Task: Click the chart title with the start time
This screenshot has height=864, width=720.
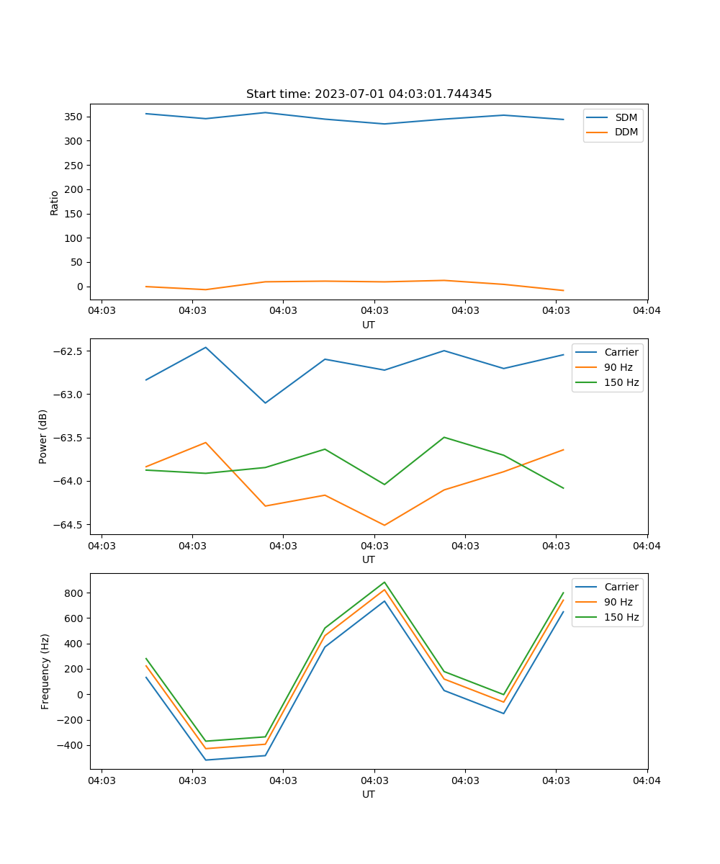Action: tap(369, 94)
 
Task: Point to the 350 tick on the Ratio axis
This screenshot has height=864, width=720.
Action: tap(75, 117)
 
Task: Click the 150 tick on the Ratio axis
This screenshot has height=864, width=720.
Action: tap(75, 214)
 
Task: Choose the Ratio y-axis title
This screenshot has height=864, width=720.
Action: tap(55, 202)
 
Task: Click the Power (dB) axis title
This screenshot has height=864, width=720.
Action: tap(44, 436)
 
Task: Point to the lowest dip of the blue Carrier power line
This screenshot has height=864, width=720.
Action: tap(265, 402)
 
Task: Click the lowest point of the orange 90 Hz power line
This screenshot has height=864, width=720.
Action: tap(384, 525)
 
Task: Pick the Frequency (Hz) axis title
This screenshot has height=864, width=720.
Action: tap(45, 671)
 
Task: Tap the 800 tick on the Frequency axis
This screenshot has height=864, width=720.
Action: tap(75, 593)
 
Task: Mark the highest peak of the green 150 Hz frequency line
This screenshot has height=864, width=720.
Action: tap(384, 582)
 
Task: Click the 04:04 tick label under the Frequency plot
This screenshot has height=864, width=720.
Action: tap(647, 780)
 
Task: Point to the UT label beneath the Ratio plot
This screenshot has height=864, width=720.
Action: tap(369, 325)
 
